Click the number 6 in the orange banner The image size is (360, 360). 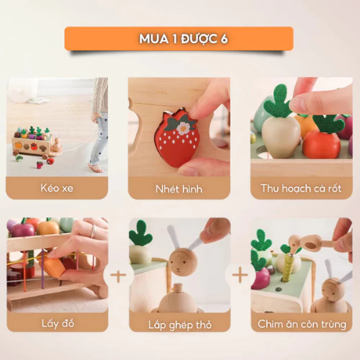point(224,39)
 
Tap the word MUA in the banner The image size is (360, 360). point(154,39)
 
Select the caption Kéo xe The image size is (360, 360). point(57,188)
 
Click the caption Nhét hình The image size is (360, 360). point(179,189)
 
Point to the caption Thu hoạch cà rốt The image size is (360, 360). point(301,189)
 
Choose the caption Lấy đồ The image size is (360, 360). point(58,323)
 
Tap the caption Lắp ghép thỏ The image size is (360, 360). point(180,325)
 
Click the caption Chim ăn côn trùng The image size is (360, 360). point(302,324)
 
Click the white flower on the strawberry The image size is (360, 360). point(183,128)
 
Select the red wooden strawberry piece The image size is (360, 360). point(177,138)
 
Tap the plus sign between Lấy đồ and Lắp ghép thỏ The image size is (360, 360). point(118,276)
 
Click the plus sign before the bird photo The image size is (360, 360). point(240,275)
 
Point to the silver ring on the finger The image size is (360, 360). point(94,231)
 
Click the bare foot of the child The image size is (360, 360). point(96,168)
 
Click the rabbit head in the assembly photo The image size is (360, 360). point(183,262)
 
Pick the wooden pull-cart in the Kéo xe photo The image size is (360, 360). point(36,143)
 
